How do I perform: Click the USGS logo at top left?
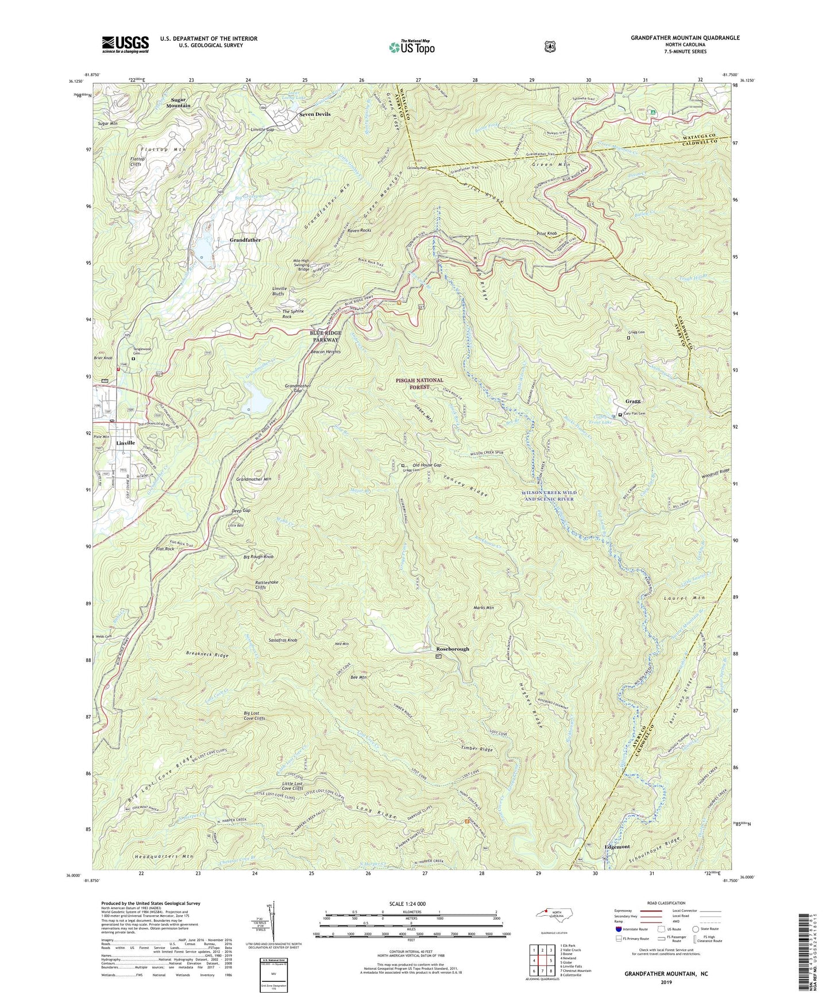(125, 44)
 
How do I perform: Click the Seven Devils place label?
(314, 114)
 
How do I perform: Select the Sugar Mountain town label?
(179, 102)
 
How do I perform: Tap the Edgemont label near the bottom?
(617, 847)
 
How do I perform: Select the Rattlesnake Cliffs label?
(267, 585)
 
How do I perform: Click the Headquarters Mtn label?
(164, 857)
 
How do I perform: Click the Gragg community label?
(632, 401)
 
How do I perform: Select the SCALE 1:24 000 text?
(411, 904)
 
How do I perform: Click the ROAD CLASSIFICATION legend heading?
(667, 903)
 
